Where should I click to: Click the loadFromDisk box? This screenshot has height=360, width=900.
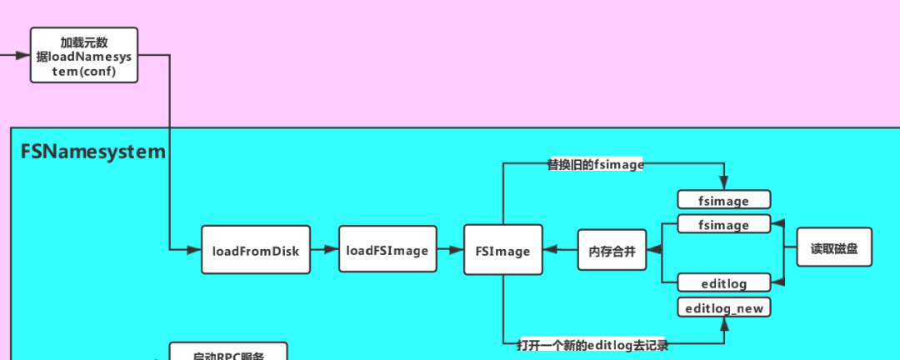point(256,249)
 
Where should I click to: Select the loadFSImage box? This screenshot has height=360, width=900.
point(387,249)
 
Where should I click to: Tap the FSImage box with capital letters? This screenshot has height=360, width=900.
point(502,249)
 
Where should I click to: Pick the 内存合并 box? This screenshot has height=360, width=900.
point(612,249)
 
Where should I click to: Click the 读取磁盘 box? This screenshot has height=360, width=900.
point(834,247)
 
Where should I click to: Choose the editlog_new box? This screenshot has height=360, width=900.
point(723,307)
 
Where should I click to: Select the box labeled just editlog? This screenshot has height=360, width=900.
point(723,282)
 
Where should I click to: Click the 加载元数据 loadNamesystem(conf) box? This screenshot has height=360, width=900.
point(84,55)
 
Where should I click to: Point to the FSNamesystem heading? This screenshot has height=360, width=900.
point(92,152)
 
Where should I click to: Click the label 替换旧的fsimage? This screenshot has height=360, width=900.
point(595,165)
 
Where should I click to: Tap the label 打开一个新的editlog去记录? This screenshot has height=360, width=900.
point(592,344)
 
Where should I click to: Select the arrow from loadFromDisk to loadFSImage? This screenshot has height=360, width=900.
point(324,249)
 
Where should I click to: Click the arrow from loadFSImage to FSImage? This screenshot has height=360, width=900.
point(450,249)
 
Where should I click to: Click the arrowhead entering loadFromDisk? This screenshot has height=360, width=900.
point(195,249)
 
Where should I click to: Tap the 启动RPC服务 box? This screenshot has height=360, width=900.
point(227,353)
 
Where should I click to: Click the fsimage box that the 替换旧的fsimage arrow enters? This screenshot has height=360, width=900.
point(723,200)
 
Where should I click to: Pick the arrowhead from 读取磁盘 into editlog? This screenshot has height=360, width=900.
point(777,282)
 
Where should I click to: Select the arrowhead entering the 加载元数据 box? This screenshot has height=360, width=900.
point(23,55)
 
